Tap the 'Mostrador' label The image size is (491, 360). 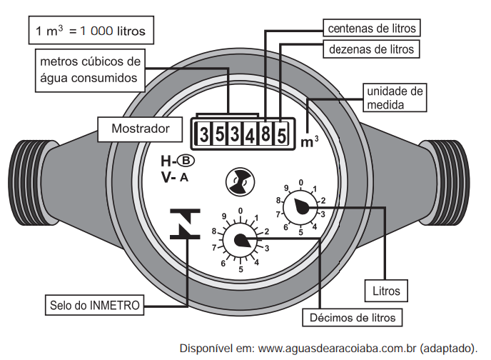141,129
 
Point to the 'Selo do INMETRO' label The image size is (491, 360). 96,305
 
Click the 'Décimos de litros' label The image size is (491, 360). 353,316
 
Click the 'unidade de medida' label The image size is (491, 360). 395,98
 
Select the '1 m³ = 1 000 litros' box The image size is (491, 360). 90,31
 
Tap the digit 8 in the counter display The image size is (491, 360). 265,134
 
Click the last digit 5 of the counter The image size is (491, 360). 281,134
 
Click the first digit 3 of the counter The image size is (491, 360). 203,134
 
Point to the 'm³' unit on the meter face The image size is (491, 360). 309,141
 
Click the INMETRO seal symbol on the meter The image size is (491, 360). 185,224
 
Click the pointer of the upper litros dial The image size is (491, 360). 301,206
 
